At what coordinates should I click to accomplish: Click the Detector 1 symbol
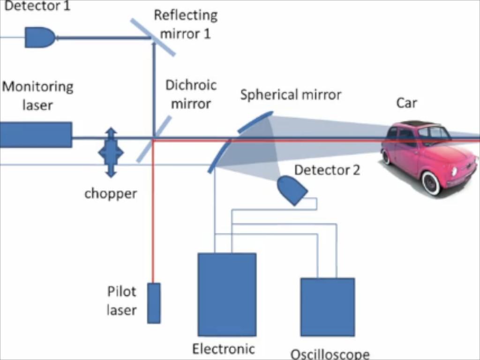(39, 37)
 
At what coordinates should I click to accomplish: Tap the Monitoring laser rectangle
(36, 135)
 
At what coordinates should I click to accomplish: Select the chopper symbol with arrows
(111, 152)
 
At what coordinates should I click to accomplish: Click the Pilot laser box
(154, 303)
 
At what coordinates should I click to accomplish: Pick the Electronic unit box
(227, 294)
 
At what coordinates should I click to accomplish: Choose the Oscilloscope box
(327, 307)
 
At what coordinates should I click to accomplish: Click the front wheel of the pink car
(431, 182)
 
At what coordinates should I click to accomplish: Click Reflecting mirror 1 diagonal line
(153, 37)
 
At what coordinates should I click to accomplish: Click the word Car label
(406, 103)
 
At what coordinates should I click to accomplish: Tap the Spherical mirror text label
(291, 95)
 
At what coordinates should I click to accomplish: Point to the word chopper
(111, 194)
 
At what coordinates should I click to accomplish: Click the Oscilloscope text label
(330, 354)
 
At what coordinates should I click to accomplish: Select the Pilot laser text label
(121, 300)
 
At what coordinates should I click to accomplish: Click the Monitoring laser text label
(37, 96)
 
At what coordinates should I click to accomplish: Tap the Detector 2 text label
(327, 170)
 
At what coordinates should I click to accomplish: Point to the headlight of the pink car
(454, 172)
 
